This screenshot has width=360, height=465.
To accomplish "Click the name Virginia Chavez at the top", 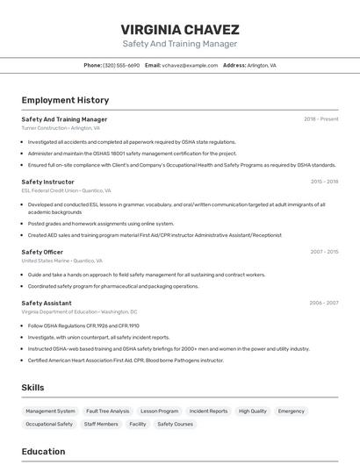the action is (x=180, y=29).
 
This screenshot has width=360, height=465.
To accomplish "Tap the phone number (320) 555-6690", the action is (x=121, y=65).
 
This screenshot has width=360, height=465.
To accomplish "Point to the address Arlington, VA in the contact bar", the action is (x=262, y=65).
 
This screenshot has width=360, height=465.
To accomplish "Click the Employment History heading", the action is (x=65, y=100).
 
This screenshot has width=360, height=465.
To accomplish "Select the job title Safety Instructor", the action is (x=48, y=182).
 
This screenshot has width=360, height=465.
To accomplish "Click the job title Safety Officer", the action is (x=42, y=252).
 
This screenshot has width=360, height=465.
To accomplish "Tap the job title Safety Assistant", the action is (x=46, y=303).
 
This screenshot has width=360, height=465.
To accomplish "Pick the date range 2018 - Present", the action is (x=320, y=119).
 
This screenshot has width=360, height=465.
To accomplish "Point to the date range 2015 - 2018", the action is (x=324, y=182).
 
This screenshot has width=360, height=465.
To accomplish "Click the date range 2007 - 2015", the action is (x=324, y=252).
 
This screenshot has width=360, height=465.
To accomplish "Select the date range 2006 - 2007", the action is (x=324, y=303).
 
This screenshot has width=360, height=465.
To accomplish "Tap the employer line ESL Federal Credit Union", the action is (x=66, y=190).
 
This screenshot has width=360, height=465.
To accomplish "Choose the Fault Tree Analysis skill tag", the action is (x=107, y=411).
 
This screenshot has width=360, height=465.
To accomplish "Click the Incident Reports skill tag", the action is (x=208, y=411).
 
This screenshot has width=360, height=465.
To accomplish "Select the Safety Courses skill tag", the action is (x=175, y=424).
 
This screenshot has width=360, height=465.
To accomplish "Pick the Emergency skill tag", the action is (x=292, y=411).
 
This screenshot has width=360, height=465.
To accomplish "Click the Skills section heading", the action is (x=32, y=387).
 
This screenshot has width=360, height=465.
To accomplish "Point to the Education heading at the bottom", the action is (x=43, y=452).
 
